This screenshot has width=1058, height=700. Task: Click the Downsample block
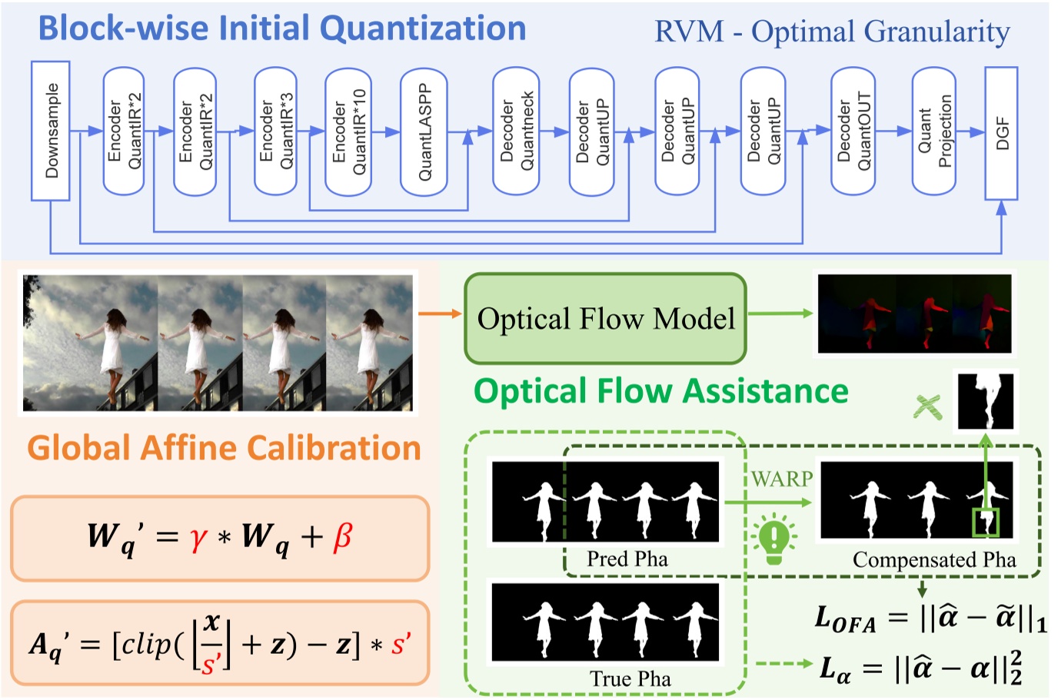(51, 131)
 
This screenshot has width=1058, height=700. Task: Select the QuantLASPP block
(424, 131)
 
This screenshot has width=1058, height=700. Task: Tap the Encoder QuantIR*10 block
(348, 131)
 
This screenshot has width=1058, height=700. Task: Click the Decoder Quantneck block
(516, 131)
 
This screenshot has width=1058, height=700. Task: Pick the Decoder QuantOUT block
(853, 131)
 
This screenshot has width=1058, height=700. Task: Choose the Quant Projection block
(933, 131)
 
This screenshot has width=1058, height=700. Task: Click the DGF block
(1001, 132)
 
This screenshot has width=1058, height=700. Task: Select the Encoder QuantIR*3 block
(275, 131)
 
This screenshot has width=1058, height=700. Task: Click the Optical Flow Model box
(605, 318)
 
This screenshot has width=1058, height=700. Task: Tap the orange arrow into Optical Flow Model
(440, 314)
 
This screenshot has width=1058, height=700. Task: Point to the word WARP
(781, 479)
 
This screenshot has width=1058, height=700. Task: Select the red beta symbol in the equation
(342, 537)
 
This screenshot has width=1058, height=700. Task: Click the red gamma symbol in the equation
(198, 537)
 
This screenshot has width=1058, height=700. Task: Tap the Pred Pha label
(627, 559)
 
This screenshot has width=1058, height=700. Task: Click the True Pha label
(630, 678)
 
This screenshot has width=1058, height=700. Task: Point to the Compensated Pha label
(933, 559)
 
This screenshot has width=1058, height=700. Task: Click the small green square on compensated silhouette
(986, 523)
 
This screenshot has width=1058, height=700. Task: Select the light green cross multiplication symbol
(927, 406)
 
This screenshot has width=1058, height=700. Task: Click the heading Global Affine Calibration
(224, 448)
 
